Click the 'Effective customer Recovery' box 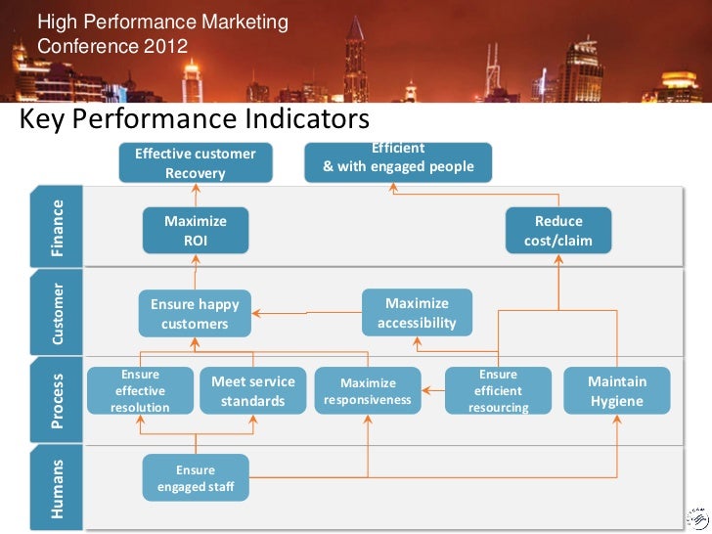[195, 163]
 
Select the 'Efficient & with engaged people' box [398, 161]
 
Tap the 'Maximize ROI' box [195, 231]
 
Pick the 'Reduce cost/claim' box [558, 231]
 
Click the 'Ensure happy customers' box [195, 314]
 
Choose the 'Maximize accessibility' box [417, 313]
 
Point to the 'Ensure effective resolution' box [140, 390]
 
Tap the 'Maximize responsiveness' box [369, 391]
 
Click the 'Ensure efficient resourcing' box [498, 391]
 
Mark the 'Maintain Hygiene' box [617, 391]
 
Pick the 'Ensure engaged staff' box [196, 478]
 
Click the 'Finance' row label [58, 228]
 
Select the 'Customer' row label [58, 314]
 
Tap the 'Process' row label [58, 400]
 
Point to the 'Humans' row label [58, 487]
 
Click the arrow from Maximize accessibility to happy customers [307, 314]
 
